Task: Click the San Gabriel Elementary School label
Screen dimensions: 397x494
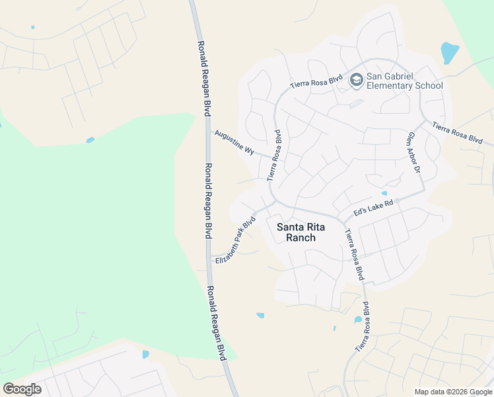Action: coord(404,81)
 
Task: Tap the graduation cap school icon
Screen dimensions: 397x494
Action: coord(357,81)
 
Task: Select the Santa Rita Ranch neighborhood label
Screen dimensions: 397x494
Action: coord(296,232)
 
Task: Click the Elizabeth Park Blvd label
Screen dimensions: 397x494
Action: coord(235,240)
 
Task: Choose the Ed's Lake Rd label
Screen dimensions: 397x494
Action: coord(374,207)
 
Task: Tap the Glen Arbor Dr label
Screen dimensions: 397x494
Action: coord(414,152)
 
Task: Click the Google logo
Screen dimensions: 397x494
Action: coord(22,388)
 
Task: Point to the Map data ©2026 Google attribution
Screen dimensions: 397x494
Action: coord(453,392)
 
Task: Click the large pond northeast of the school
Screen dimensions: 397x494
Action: coord(449,52)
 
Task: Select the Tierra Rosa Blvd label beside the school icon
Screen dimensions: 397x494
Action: coord(317,82)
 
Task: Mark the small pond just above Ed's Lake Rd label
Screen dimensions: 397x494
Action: coord(384,193)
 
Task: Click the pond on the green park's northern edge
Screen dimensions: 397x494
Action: coord(90,140)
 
